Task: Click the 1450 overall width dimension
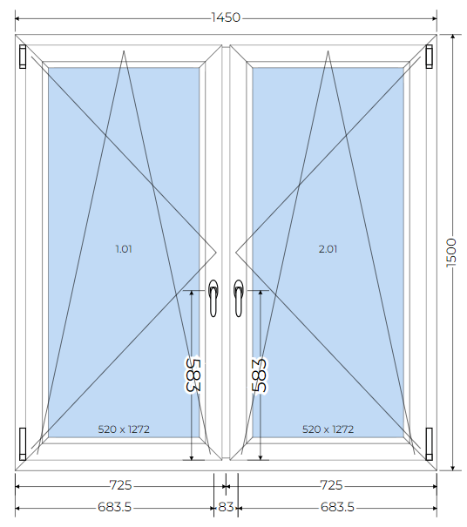coord(226,17)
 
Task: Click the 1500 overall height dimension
coord(451,253)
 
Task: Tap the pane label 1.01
coord(124,249)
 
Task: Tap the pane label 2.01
coord(328,249)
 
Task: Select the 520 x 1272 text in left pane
coord(124,429)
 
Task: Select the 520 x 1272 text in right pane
coord(328,429)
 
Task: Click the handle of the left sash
coord(213,298)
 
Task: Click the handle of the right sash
coord(239,298)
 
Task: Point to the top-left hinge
coord(23,57)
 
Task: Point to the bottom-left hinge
coord(23,443)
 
